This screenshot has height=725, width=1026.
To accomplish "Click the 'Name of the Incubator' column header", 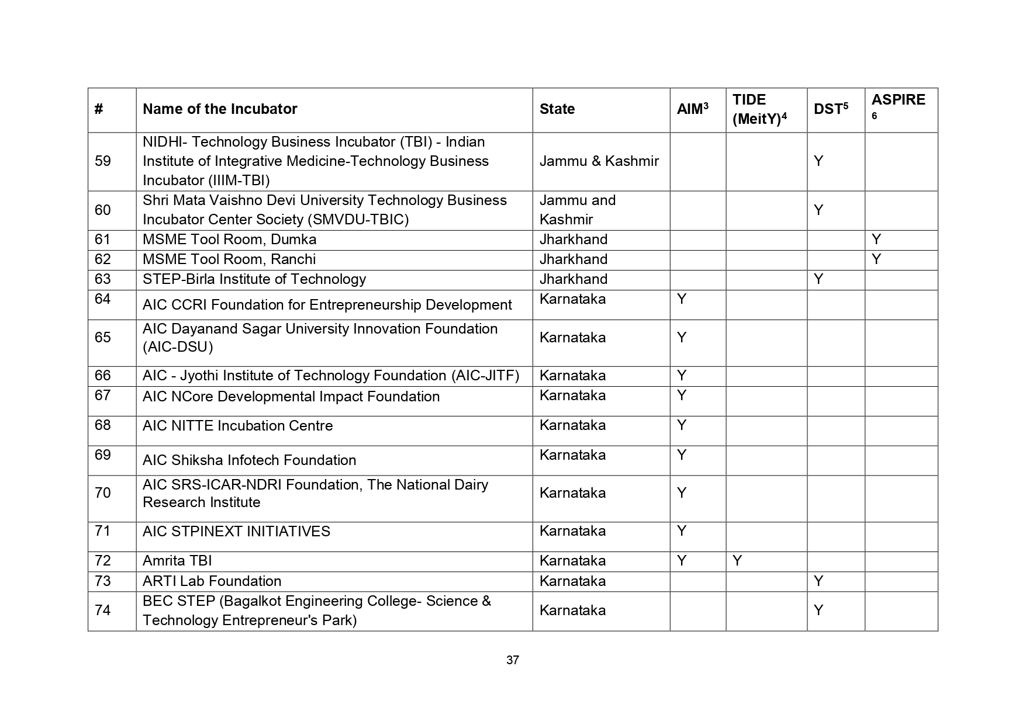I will click(220, 109).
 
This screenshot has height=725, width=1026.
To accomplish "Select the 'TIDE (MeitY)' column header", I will click(759, 109).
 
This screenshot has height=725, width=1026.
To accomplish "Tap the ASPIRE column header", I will click(898, 100).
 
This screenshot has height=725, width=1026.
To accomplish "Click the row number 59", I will click(103, 161).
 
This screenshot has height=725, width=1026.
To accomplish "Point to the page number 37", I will click(513, 660).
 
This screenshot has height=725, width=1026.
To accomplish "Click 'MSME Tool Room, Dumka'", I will click(229, 240).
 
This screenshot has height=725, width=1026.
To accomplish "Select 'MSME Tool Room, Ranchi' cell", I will click(229, 259).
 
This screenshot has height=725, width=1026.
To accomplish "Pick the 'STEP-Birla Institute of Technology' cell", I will click(254, 279).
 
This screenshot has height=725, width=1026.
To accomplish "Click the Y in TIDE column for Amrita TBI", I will click(737, 561).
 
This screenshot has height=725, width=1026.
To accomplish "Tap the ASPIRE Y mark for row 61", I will click(876, 240).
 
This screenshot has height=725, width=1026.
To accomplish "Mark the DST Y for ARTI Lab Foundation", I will click(818, 581).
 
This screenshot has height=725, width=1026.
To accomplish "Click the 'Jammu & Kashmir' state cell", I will click(599, 161).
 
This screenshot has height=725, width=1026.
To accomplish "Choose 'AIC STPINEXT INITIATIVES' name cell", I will click(236, 532).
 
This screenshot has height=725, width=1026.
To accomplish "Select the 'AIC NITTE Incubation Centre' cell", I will click(237, 426).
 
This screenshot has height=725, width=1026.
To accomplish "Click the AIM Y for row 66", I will click(681, 376).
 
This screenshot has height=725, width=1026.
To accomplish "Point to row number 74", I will click(103, 610).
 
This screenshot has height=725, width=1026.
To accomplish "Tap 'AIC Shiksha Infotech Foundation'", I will click(249, 460).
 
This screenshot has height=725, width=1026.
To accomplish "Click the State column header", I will click(557, 109).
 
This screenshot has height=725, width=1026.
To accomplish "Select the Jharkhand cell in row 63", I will click(573, 279).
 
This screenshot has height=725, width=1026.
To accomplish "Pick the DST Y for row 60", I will click(818, 210).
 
